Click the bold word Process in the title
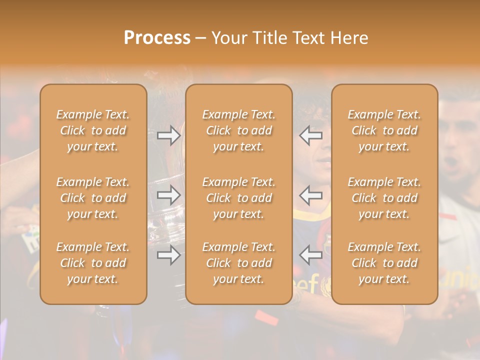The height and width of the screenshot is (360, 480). [157, 38]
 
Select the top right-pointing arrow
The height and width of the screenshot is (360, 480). [168, 135]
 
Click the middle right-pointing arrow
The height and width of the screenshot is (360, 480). [168, 195]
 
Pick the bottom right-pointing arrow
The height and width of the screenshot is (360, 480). [168, 255]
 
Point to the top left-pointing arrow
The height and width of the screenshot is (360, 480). [311, 135]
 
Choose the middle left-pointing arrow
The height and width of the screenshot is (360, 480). [311, 195]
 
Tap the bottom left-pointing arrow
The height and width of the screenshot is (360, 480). [311, 255]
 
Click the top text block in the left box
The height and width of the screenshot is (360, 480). [93, 130]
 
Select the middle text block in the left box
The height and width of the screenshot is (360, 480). [93, 198]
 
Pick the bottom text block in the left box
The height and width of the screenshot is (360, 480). [93, 263]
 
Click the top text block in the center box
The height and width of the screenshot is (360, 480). [239, 130]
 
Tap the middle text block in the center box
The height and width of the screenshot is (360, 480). [239, 198]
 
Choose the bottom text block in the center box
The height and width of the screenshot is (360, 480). [239, 263]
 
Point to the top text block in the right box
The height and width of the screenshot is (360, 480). [384, 130]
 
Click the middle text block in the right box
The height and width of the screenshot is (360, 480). [384, 198]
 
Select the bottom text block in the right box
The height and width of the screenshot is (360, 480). [384, 263]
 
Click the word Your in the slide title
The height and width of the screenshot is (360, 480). [229, 38]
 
